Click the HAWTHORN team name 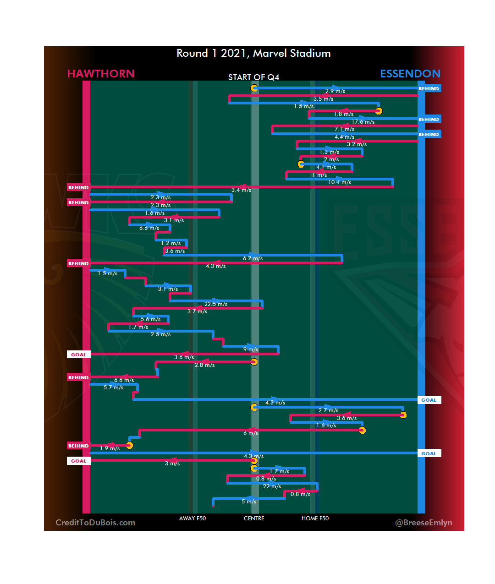[101, 74]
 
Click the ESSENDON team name [410, 74]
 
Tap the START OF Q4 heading [253, 77]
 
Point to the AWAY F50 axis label [192, 519]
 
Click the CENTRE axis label [254, 519]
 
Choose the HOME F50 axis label [315, 519]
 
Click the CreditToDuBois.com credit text [95, 523]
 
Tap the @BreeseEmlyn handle [423, 523]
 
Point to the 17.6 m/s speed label [363, 122]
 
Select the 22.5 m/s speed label [216, 304]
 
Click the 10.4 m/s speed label [340, 182]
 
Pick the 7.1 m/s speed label [344, 129]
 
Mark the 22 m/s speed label [272, 486]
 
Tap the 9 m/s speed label [251, 349]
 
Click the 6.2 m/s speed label [253, 258]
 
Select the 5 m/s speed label [249, 502]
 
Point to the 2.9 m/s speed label [335, 91]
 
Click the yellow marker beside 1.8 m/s [379, 111]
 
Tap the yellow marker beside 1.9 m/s [130, 445]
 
